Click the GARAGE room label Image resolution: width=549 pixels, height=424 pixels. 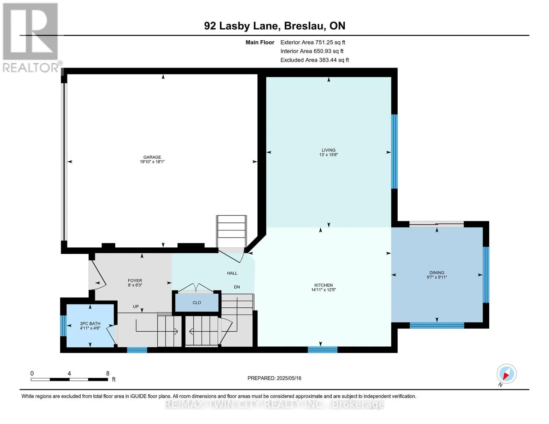pos(152,157)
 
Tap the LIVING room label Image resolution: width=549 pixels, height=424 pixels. pos(328,150)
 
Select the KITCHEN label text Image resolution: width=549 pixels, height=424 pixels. pos(323,285)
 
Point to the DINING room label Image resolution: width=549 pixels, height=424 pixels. pos(437,272)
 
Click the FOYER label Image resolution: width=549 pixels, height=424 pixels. pos(135,281)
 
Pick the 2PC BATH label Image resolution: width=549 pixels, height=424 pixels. pos(90,324)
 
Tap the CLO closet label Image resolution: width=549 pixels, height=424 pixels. pos(197,302)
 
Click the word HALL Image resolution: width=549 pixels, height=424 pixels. pos(232,273)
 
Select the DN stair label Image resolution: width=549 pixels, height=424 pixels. pos(237,287)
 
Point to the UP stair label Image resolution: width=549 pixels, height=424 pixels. pos(136,306)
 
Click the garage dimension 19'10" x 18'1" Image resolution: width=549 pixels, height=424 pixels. pos(152,161)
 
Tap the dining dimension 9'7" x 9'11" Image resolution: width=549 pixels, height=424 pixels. pos(437,277)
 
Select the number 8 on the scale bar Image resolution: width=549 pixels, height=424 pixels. pos(107,373)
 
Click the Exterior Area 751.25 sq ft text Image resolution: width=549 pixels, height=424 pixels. pos(313,42)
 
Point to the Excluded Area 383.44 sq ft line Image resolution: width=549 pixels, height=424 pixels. pos(315,60)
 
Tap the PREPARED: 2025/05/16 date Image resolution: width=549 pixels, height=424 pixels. pos(274,378)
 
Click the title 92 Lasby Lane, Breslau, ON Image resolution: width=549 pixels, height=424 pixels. pos(275,26)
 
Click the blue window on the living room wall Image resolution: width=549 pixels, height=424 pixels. pos(394,152)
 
